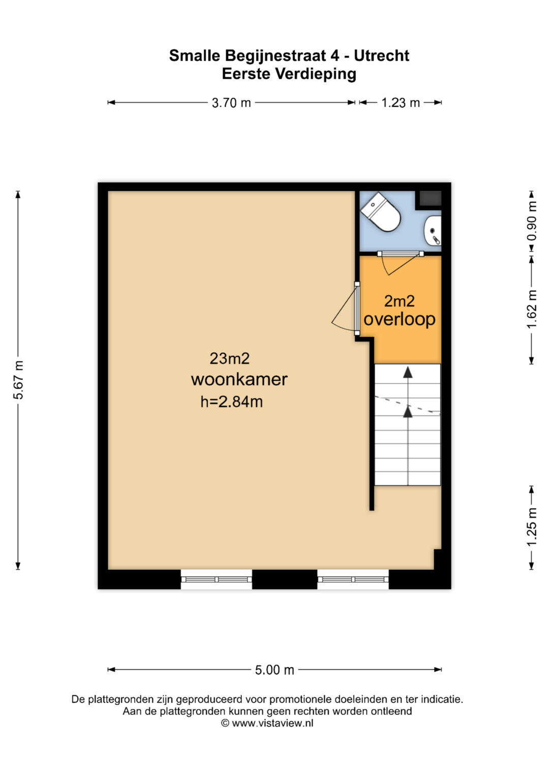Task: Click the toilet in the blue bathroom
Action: click(x=380, y=212)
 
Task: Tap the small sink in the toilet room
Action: click(x=433, y=230)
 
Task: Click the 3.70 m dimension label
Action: click(x=231, y=103)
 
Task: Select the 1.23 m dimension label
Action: click(x=401, y=103)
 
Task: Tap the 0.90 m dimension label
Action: click(x=531, y=221)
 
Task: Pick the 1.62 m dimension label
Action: click(x=531, y=309)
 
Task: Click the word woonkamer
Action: click(x=239, y=380)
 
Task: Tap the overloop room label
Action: click(x=399, y=320)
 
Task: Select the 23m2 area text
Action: click(x=229, y=359)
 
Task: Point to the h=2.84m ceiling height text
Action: click(x=231, y=402)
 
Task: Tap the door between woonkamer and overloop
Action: click(x=357, y=308)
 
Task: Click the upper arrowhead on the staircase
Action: click(x=408, y=372)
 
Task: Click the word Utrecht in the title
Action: click(x=381, y=56)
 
